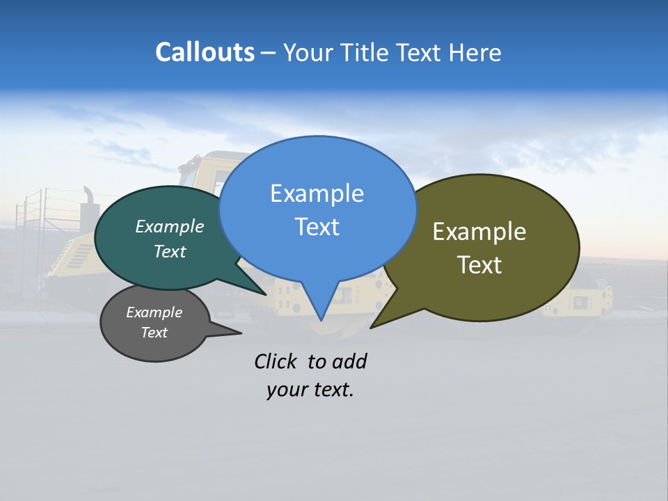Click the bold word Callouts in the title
pyautogui.click(x=205, y=52)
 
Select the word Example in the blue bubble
pyautogui.click(x=317, y=193)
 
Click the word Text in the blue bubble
pyautogui.click(x=317, y=227)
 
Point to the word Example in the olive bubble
pyautogui.click(x=479, y=232)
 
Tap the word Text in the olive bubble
pyautogui.click(x=479, y=265)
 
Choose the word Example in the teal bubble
pyautogui.click(x=169, y=226)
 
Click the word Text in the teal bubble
pyautogui.click(x=169, y=251)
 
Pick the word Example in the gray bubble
pyautogui.click(x=154, y=312)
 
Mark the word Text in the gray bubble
pyautogui.click(x=154, y=333)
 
